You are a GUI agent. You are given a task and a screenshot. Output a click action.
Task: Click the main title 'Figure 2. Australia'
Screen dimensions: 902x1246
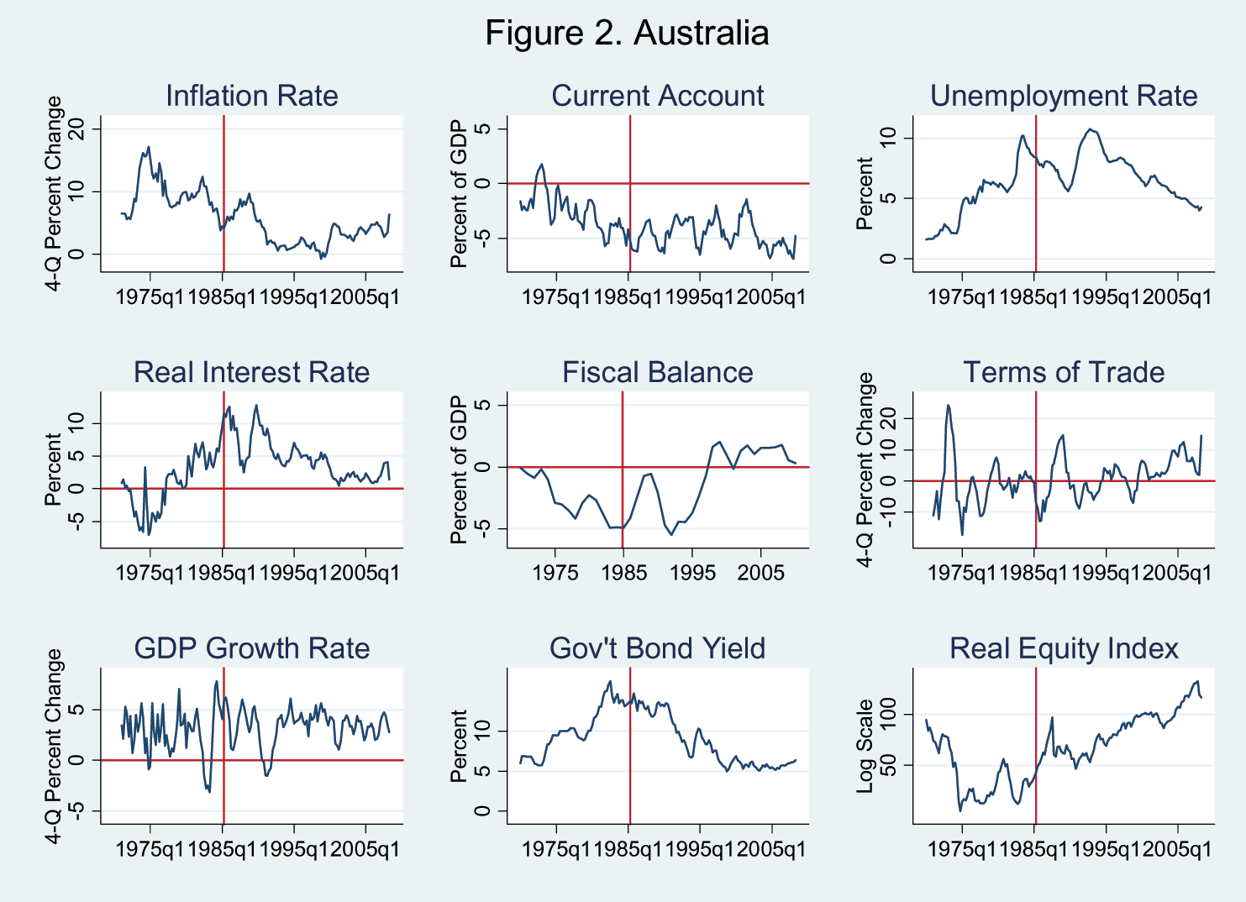tap(627, 34)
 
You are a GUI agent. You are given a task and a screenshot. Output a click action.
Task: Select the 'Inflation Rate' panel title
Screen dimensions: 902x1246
tap(252, 96)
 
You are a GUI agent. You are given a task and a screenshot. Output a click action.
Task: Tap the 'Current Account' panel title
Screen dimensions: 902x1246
tap(658, 96)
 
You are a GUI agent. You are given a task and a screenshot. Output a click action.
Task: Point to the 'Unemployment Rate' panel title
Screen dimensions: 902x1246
tap(1064, 96)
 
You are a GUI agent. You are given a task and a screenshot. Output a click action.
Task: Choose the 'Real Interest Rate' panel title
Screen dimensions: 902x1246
tap(252, 372)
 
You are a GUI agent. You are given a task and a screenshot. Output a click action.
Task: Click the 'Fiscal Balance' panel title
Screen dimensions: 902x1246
tap(658, 372)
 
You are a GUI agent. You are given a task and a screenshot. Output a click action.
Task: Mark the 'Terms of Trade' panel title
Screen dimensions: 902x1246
tap(1064, 372)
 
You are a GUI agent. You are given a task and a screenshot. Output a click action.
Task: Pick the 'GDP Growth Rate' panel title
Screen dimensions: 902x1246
tap(252, 648)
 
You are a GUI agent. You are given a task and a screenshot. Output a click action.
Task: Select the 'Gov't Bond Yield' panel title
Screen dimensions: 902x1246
tap(658, 648)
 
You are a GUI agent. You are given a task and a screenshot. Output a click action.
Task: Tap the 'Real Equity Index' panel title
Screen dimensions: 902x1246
tap(1064, 648)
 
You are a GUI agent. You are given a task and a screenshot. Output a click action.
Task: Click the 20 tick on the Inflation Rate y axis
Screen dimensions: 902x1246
tap(78, 128)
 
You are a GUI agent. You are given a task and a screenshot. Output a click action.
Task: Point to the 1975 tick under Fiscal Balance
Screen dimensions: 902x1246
tap(555, 572)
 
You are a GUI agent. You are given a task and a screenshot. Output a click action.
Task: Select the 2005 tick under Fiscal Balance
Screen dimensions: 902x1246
tap(760, 572)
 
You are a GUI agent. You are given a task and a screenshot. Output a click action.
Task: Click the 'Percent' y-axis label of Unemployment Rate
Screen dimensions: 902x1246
tap(865, 194)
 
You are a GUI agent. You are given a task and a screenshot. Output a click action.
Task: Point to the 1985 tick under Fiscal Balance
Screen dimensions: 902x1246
tap(623, 572)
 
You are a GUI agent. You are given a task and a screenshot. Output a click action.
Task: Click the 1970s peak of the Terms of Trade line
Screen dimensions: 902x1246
tap(948, 406)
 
